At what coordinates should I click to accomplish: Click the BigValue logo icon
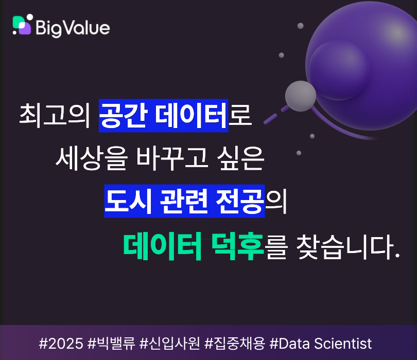click(22, 25)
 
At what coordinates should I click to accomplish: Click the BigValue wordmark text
click(73, 28)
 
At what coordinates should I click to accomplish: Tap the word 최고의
click(55, 116)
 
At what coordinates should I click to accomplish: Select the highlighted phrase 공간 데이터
click(163, 115)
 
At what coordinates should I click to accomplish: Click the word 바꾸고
click(172, 158)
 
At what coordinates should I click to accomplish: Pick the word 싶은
click(240, 158)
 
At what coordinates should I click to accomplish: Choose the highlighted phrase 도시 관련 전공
click(184, 201)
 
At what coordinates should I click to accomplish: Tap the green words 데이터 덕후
click(193, 246)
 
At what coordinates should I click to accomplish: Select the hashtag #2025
click(61, 343)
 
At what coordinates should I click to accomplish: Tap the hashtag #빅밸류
click(111, 343)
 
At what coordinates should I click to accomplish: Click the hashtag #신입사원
click(169, 343)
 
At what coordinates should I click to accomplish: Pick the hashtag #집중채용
click(235, 343)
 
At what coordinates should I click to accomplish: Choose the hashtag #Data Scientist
click(320, 343)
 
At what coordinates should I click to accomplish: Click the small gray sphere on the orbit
click(301, 96)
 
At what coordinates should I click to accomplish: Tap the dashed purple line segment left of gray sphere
click(270, 119)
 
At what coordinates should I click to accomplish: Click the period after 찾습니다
click(397, 256)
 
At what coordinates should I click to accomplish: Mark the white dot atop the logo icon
click(30, 17)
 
